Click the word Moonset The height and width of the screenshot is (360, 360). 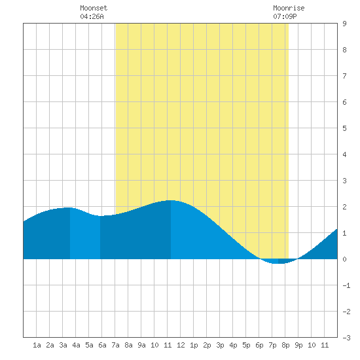(x=94, y=8)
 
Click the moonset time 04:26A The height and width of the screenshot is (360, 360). (x=92, y=16)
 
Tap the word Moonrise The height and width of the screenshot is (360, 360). (x=289, y=8)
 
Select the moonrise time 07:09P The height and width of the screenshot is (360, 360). (x=285, y=16)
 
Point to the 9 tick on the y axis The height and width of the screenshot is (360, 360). (x=344, y=24)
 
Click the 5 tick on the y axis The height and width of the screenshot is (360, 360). (x=344, y=128)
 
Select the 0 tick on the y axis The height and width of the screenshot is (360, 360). (x=344, y=259)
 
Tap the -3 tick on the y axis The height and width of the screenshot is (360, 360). (x=346, y=338)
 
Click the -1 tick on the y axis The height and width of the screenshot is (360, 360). (x=346, y=285)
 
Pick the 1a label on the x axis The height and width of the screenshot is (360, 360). (x=37, y=345)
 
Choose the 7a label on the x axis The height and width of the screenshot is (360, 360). (x=115, y=345)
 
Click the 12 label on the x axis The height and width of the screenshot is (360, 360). (x=181, y=345)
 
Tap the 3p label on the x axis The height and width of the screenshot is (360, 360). (x=220, y=345)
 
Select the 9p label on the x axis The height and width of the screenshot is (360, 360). (x=298, y=345)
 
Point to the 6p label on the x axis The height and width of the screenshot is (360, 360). (x=259, y=345)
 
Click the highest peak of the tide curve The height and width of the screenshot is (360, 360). (x=171, y=200)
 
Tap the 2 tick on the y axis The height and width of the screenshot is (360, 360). (x=344, y=207)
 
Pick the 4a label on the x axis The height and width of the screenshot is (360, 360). (x=76, y=345)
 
